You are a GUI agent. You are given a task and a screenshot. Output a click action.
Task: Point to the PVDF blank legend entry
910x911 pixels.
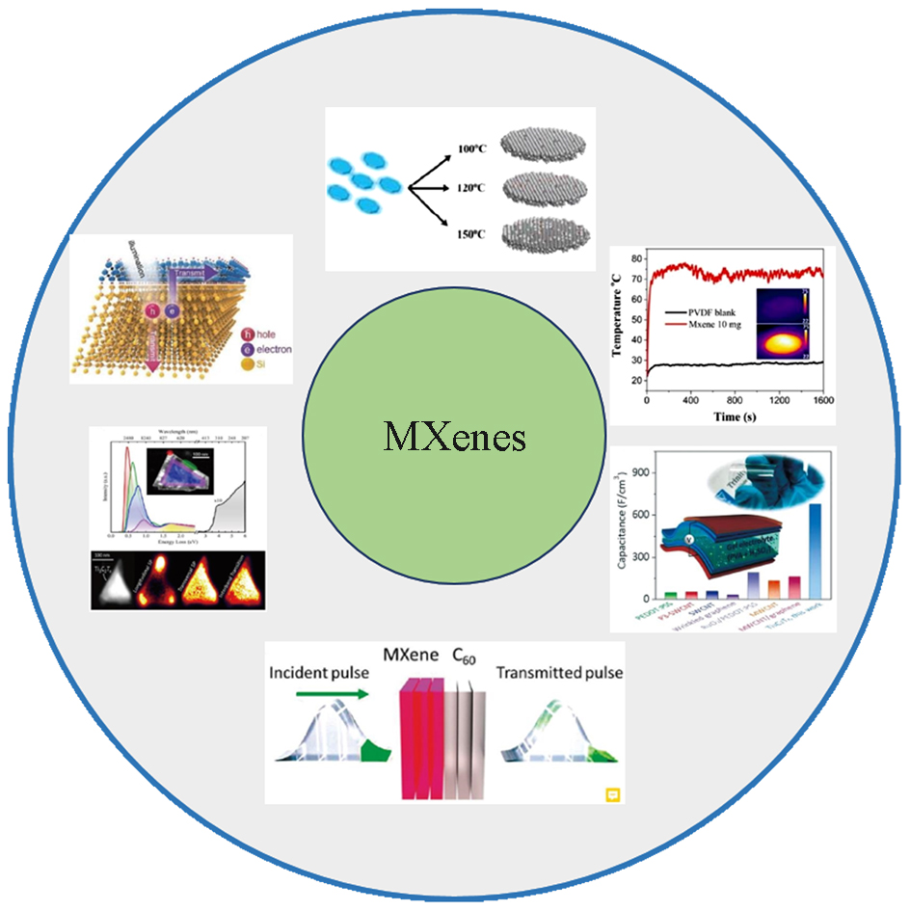click(x=709, y=312)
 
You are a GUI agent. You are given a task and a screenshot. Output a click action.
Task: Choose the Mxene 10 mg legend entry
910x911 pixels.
click(x=709, y=328)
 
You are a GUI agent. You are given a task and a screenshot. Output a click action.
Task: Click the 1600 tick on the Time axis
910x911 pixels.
click(x=821, y=399)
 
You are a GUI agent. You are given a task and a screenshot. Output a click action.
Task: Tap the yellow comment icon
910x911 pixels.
click(x=611, y=794)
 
